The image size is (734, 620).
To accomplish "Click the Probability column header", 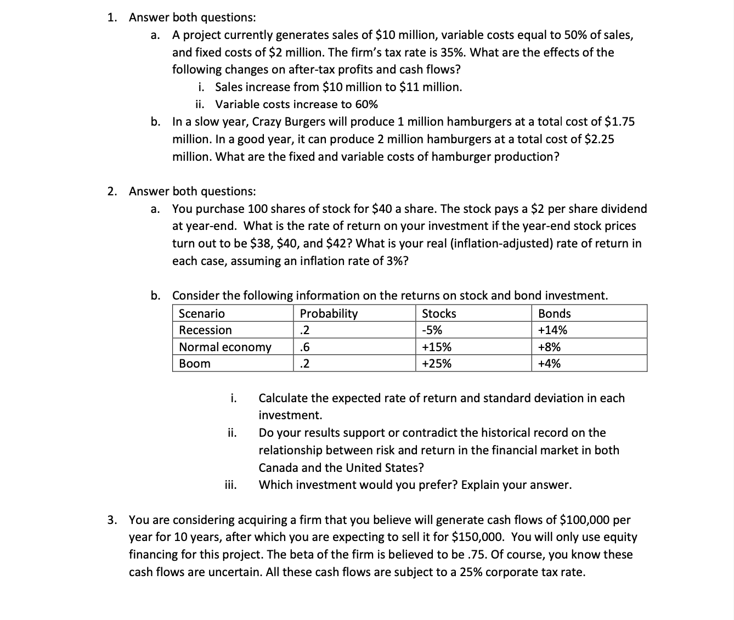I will point(329,314).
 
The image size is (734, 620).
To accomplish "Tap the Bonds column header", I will point(554,314).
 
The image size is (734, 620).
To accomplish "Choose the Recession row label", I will point(206,330).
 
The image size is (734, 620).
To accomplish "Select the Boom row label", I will point(195,364).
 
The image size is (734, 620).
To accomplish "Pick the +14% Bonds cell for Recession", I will point(552,330).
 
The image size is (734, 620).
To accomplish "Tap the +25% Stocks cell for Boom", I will point(437,364).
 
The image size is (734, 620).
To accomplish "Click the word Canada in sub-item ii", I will point(278,468).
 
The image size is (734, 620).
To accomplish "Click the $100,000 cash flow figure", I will point(584,520).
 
